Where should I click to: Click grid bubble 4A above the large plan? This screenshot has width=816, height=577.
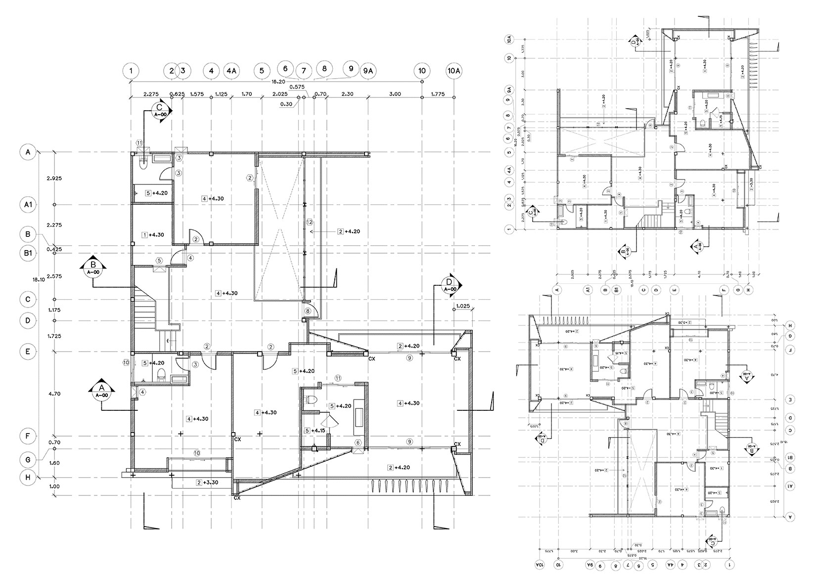tap(231, 71)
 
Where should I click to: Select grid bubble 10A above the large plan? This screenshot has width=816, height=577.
tap(454, 71)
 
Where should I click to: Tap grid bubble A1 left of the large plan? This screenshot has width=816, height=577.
tap(28, 204)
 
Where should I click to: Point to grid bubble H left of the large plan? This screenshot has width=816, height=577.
tap(28, 477)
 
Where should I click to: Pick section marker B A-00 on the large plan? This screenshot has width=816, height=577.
tap(91, 267)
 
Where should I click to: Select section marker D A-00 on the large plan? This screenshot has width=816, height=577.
tap(450, 286)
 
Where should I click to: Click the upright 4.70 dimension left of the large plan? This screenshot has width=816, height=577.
tap(55, 394)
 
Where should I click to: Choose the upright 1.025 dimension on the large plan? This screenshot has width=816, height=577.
tap(462, 306)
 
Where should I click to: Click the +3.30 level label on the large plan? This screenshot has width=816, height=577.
tap(207, 483)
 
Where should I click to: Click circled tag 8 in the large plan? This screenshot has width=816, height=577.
tap(308, 311)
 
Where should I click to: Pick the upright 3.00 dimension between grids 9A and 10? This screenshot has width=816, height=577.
tap(395, 93)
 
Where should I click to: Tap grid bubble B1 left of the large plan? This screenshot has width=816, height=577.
tap(28, 253)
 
